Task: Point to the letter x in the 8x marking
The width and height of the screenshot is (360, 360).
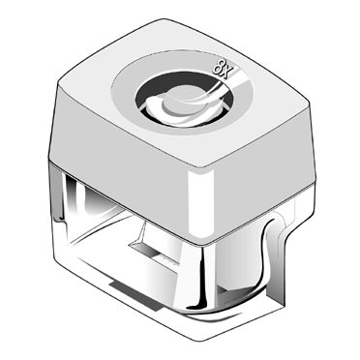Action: tap(225, 74)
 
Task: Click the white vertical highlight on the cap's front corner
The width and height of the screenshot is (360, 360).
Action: tap(200, 203)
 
